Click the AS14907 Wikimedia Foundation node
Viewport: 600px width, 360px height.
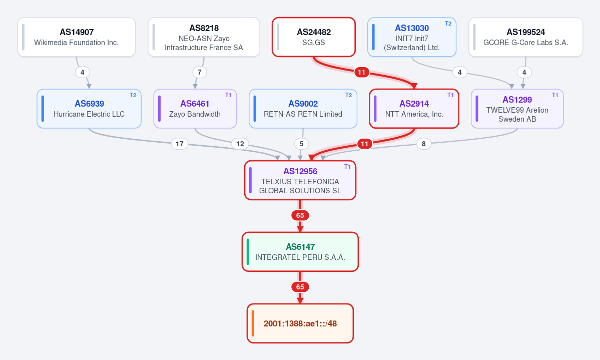pos(77,37)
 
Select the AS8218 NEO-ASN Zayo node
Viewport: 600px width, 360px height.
pos(204,37)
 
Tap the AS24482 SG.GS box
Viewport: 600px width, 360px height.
pos(314,37)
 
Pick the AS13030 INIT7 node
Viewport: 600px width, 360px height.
pos(412,37)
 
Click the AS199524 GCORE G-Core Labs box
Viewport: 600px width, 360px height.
pos(526,37)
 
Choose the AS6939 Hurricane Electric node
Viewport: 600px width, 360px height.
pos(89,109)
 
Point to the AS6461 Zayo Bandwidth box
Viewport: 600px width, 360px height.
pos(195,109)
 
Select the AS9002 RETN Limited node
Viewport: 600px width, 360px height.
pos(303,109)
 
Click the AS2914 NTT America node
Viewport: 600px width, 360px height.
pos(414,109)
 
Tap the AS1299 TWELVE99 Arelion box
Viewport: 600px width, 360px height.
pos(517,109)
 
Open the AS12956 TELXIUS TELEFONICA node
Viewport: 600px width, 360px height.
pos(300,180)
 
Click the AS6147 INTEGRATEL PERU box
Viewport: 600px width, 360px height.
pos(300,252)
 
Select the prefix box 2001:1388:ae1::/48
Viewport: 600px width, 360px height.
pos(300,323)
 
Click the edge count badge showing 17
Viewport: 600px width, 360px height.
pos(180,144)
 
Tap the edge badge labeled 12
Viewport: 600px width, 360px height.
pos(240,144)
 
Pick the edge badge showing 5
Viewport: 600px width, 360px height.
pos(302,144)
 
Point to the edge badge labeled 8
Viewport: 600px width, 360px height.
pos(423,144)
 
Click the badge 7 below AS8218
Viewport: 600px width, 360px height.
pos(199,73)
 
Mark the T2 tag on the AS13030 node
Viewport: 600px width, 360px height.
pos(448,24)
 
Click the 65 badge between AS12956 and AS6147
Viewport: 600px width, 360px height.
pos(300,216)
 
